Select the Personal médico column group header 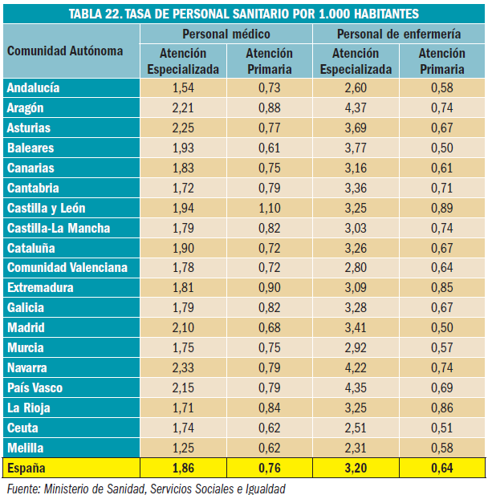(x=226, y=34)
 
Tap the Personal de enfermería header (x=398, y=34)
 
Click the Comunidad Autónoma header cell (x=65, y=51)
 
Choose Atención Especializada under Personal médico (x=183, y=61)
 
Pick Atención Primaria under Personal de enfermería (x=441, y=61)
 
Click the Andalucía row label (x=34, y=87)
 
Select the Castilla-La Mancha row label (x=59, y=228)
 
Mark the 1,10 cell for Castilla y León (x=269, y=208)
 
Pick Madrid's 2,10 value (x=183, y=328)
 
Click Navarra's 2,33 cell (x=183, y=368)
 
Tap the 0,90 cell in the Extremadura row (x=269, y=288)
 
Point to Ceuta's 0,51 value (x=441, y=428)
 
